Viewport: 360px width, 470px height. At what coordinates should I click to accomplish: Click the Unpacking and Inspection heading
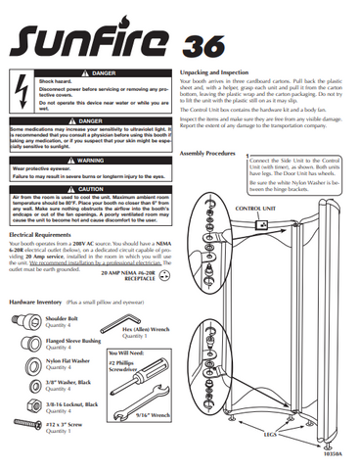click(x=226, y=72)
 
